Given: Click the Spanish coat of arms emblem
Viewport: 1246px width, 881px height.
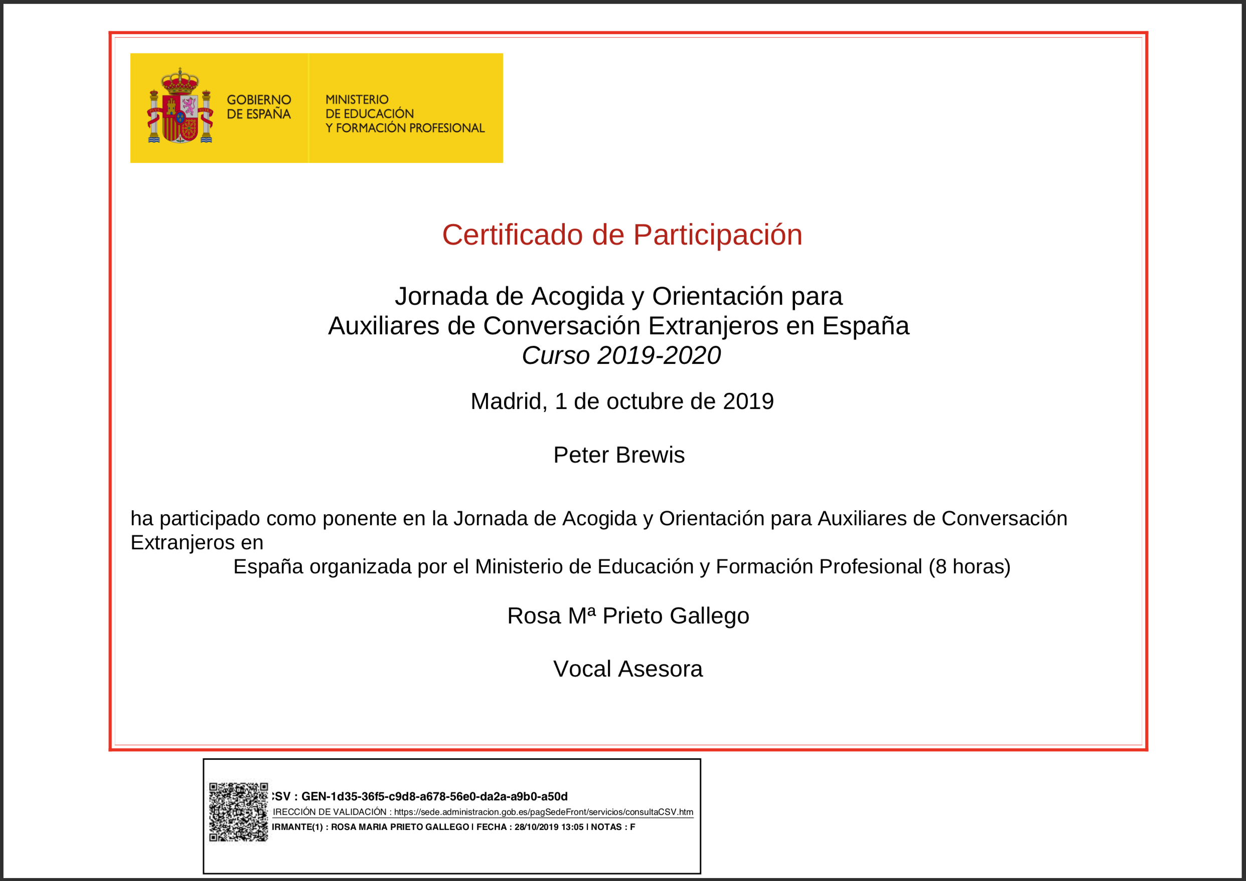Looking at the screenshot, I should [x=180, y=106].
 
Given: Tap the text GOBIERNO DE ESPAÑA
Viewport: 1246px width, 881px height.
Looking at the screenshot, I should [x=258, y=107].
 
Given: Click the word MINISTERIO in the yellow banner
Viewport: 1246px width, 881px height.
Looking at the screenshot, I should [x=357, y=100].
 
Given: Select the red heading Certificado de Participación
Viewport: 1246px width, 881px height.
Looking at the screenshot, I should [x=622, y=235].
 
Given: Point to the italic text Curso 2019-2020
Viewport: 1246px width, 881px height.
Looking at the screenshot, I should [x=621, y=356].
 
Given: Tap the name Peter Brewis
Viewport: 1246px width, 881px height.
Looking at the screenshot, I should [x=619, y=455].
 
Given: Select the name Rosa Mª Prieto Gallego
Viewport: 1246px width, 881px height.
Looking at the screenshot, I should [x=628, y=616].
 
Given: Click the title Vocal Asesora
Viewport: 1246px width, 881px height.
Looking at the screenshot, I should [x=628, y=669].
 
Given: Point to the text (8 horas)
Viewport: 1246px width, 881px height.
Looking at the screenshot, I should [x=969, y=566].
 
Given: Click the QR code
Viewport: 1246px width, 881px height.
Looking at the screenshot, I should [x=239, y=811].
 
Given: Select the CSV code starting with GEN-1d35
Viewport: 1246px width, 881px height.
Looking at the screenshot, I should [x=434, y=796].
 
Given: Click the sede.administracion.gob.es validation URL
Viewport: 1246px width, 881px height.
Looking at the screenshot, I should [x=543, y=812].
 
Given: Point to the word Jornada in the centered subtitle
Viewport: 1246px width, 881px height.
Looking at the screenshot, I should [x=441, y=296].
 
